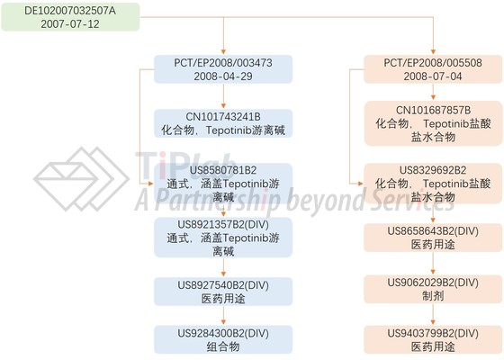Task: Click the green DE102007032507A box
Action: (70, 17)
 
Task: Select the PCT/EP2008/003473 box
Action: (223, 69)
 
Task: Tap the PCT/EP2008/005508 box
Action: (433, 69)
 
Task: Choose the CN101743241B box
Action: (223, 123)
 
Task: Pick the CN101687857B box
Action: (433, 123)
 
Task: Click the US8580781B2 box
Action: (223, 184)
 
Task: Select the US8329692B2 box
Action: (433, 184)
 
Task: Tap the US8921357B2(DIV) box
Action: (223, 238)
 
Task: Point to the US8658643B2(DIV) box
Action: (433, 238)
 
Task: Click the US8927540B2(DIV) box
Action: (223, 292)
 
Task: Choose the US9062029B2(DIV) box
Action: (433, 289)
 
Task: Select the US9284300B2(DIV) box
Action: (223, 339)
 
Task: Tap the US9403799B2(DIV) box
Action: (433, 339)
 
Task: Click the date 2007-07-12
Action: (70, 24)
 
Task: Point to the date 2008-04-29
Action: (223, 76)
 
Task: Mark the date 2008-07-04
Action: (433, 76)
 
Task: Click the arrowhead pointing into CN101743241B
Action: (223, 106)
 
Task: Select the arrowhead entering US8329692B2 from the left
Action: (361, 184)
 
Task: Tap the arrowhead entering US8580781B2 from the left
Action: (150, 184)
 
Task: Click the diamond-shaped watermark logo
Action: (81, 179)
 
